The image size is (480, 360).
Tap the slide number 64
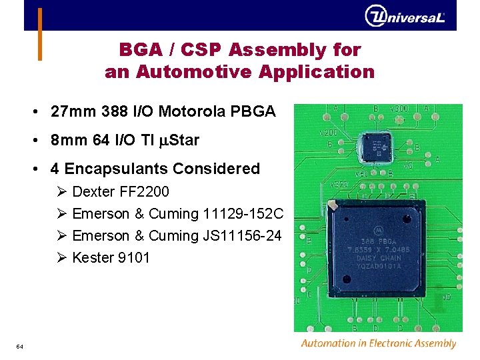(x=20, y=347)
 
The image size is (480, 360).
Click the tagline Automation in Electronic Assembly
(x=378, y=344)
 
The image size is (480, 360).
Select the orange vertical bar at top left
(x=40, y=33)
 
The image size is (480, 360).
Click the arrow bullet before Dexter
(x=62, y=192)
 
